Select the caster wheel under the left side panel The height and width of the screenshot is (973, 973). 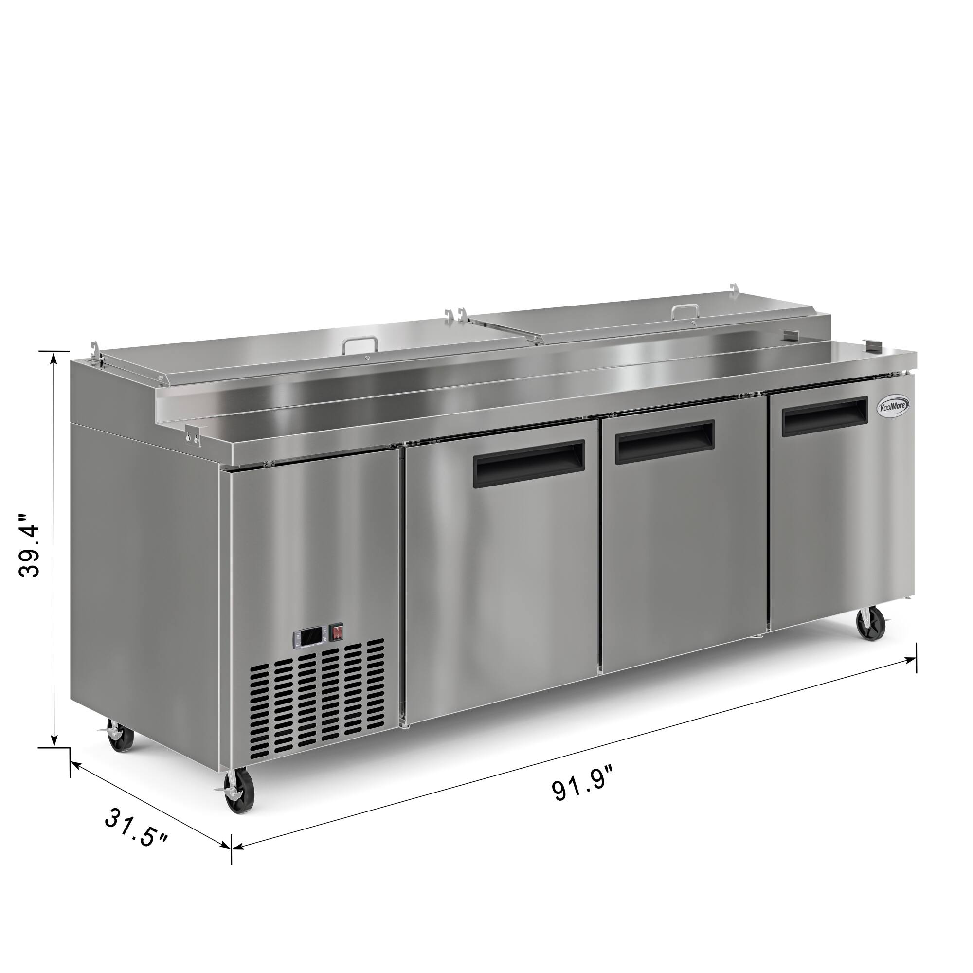pos(120,739)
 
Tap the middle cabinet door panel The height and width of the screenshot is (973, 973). pos(684,564)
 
